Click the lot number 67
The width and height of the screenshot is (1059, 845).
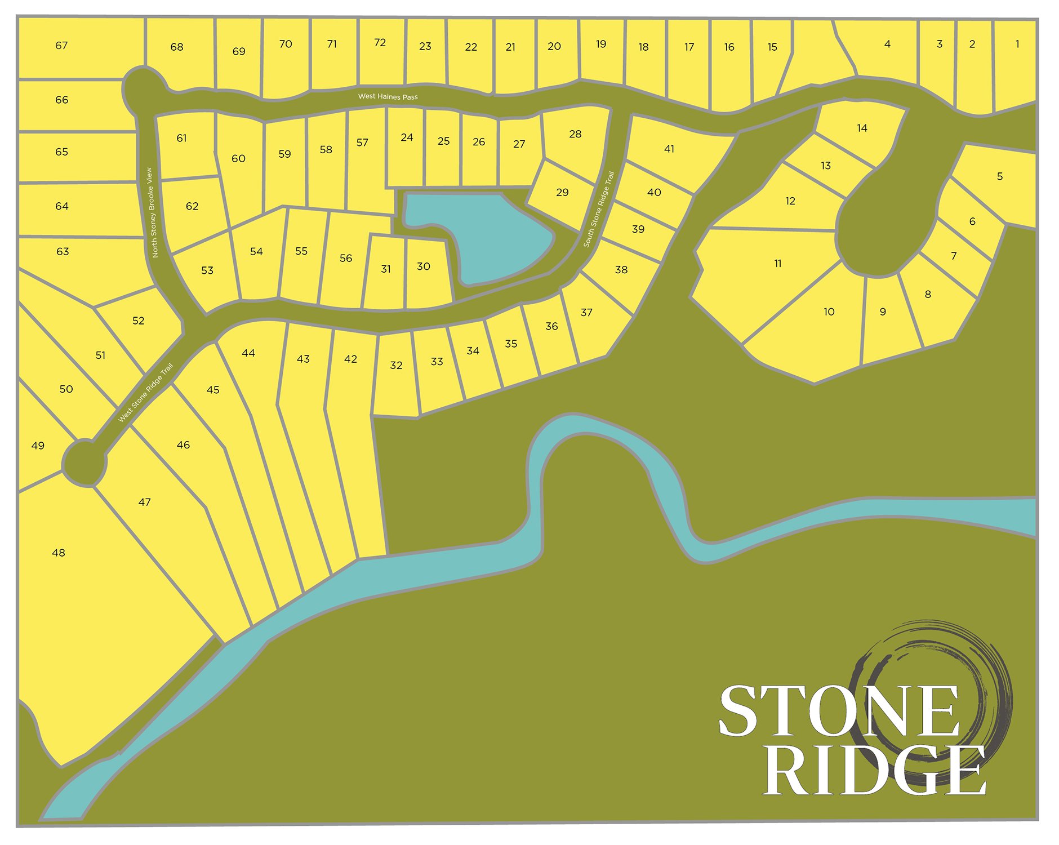pos(61,46)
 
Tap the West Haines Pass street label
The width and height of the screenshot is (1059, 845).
pos(388,97)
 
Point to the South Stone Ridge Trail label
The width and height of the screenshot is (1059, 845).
pos(599,209)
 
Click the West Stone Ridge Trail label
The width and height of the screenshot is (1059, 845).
pos(145,393)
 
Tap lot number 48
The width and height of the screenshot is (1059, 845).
pos(59,553)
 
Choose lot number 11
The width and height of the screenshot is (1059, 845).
pos(777,264)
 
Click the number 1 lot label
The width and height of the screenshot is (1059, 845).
pos(1017,44)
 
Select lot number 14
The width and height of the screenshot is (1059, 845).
pos(862,128)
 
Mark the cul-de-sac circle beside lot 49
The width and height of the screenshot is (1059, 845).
pos(84,464)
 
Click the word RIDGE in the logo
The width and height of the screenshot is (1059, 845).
pos(873,770)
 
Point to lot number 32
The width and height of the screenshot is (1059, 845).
pos(396,366)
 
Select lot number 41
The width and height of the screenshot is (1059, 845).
pos(669,149)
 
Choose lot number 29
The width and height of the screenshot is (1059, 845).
pos(562,193)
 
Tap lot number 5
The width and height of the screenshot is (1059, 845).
pos(999,176)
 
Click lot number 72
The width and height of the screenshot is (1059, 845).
pos(380,43)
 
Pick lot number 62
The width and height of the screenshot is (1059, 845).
pos(192,206)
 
